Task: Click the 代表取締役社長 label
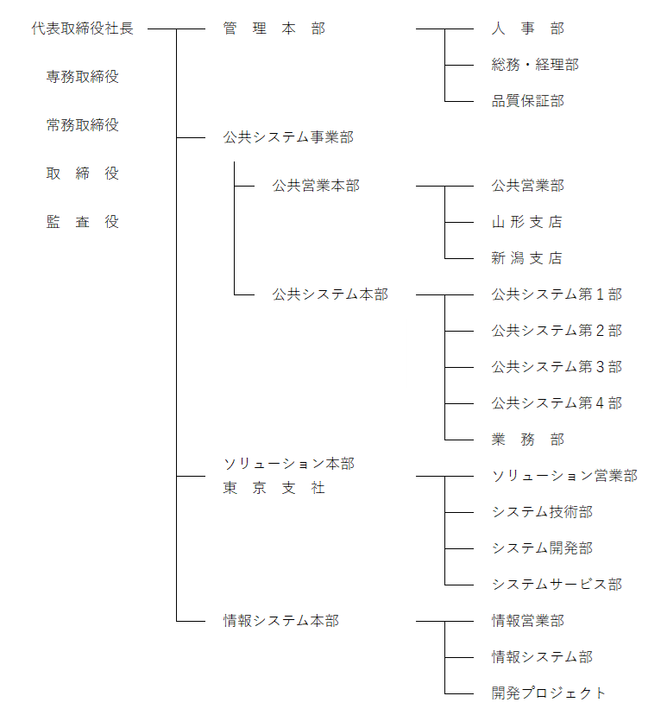coord(83,28)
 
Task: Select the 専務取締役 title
coord(83,77)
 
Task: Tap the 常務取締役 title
coord(83,125)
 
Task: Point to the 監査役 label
coord(83,222)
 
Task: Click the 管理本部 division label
coord(274,28)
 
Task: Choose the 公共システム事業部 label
coord(288,137)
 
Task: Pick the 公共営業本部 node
coord(316,186)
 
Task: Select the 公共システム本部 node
coord(330,294)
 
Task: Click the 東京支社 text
coord(274,488)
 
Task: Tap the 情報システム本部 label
coord(281,621)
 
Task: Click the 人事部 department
coord(528,28)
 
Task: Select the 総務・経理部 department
coord(535,65)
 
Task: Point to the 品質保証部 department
coord(528,101)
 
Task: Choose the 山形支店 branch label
coord(527,222)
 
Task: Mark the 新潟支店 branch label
coord(527,258)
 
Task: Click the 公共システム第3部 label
coord(557,367)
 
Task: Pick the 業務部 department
coord(528,440)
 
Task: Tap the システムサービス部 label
coord(557,585)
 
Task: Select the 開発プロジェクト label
coord(549,693)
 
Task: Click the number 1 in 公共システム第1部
coord(601,294)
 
